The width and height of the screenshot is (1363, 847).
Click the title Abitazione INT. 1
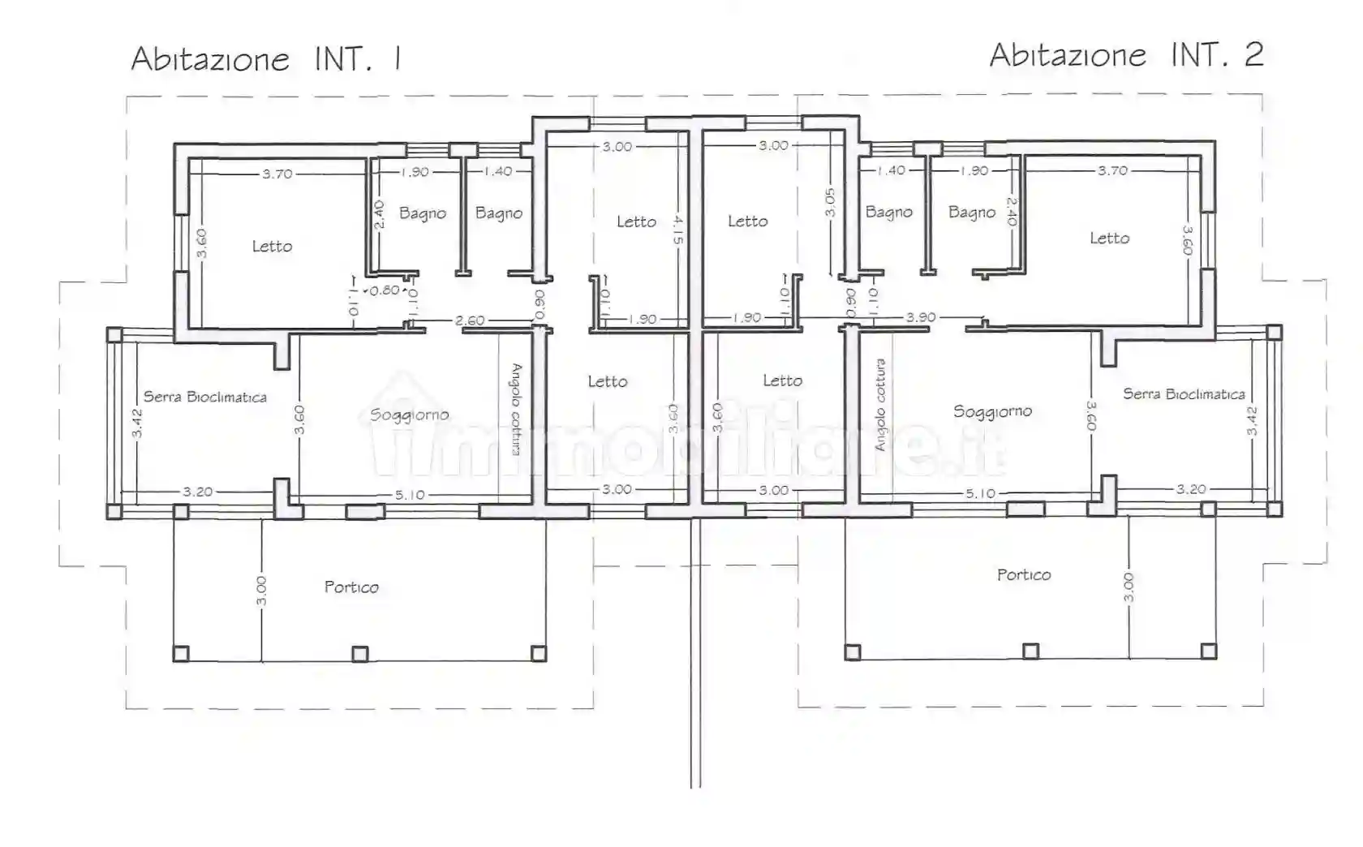click(x=266, y=59)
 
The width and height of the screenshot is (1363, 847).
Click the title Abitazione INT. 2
click(x=1126, y=55)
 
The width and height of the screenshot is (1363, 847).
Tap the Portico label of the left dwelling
click(x=351, y=587)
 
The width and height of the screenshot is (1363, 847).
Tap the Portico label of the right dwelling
click(x=1024, y=574)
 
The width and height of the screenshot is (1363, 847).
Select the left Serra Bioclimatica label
click(x=205, y=397)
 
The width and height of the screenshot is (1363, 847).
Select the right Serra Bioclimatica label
click(x=1184, y=393)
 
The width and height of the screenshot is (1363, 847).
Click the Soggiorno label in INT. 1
click(x=409, y=415)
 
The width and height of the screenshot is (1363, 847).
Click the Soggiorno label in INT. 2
click(x=992, y=411)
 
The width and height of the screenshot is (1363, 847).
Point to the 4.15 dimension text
click(x=678, y=230)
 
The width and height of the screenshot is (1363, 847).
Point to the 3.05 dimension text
click(x=830, y=202)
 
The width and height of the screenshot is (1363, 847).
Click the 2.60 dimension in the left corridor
click(x=470, y=320)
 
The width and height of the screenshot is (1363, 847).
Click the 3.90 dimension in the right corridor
click(x=921, y=317)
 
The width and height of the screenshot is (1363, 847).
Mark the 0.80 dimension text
click(x=385, y=290)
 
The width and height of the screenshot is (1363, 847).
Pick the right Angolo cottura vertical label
click(x=880, y=405)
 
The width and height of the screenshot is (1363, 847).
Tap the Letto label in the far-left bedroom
click(x=272, y=246)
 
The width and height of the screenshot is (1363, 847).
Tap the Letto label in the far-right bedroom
click(x=1109, y=238)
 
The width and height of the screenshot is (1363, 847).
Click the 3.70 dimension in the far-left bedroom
click(x=277, y=174)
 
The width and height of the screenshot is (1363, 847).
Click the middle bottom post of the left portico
click(x=360, y=654)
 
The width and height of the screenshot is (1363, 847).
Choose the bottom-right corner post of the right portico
click(x=1208, y=651)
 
